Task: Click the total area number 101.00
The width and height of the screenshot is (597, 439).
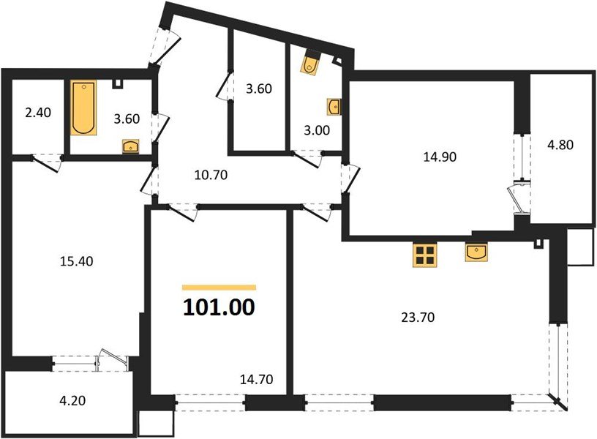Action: coord(219,307)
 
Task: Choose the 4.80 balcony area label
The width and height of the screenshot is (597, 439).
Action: coord(560,144)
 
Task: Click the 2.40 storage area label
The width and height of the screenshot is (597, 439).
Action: coord(38,113)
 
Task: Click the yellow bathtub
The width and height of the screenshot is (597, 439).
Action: coord(83,108)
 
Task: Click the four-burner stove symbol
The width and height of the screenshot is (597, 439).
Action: coord(424,255)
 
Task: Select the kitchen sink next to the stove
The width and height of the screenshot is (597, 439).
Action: coord(477,252)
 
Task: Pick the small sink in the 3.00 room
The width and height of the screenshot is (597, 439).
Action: coord(335,107)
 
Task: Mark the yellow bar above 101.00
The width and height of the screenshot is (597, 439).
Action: coord(219,288)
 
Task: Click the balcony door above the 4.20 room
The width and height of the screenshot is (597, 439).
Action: coord(110,359)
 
